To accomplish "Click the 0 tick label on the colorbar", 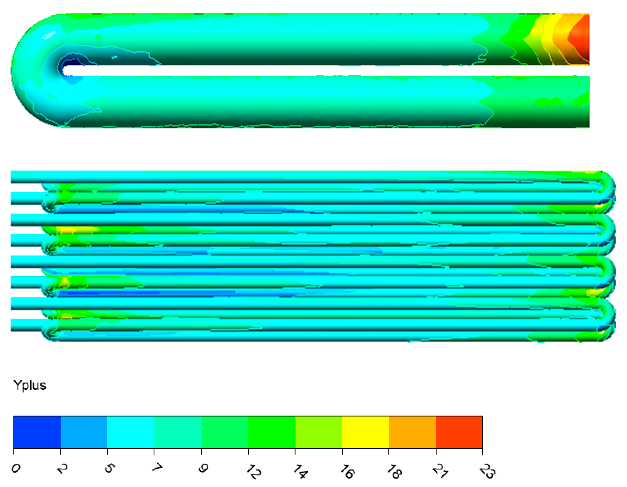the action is [16, 469].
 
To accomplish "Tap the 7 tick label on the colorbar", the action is [157, 468].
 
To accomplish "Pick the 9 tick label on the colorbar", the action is [203, 469].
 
